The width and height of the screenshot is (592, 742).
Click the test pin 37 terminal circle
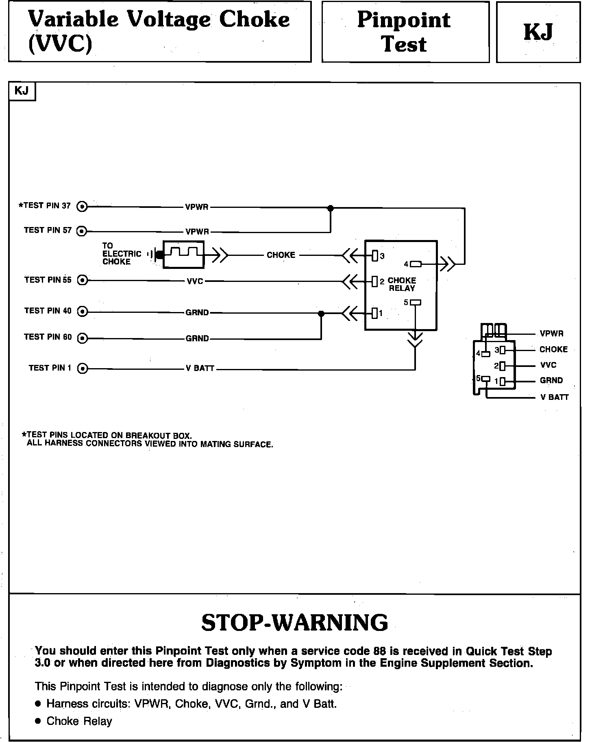tap(83, 207)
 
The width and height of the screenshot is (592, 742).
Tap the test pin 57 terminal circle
tap(83, 231)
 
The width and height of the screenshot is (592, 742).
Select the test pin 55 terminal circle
tap(83, 280)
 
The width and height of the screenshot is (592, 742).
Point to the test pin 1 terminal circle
tap(83, 369)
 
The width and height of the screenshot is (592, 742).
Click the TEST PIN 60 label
tap(48, 337)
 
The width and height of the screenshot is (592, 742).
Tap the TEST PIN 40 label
tap(48, 311)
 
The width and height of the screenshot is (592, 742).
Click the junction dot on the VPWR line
tap(331, 208)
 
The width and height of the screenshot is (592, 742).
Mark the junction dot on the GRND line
tap(321, 314)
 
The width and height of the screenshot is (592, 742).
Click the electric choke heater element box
tap(183, 255)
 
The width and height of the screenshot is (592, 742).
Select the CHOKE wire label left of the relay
tap(281, 255)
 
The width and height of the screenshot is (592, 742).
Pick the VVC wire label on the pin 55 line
tap(195, 281)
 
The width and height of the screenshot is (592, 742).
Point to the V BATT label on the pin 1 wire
tap(200, 369)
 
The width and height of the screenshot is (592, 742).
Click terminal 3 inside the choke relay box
tap(375, 256)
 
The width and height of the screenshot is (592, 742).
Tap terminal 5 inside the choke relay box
tap(416, 302)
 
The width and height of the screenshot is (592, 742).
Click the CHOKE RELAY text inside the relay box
tap(402, 284)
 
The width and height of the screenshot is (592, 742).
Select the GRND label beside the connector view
tap(551, 381)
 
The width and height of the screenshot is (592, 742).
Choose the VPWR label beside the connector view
tap(551, 334)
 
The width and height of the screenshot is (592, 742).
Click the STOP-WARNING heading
tap(295, 623)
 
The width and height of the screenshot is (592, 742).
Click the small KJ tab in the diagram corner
tap(22, 91)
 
